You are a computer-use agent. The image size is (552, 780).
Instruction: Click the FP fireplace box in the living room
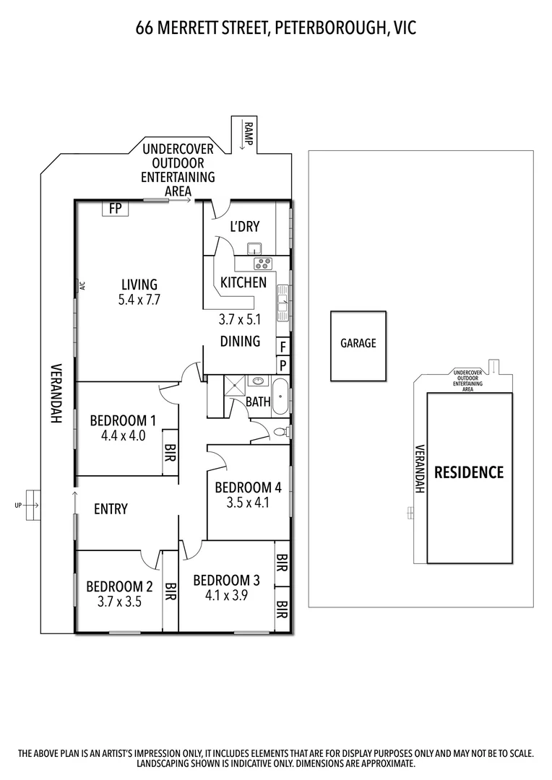pyautogui.click(x=115, y=208)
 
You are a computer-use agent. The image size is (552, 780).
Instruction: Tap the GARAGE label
pyautogui.click(x=358, y=343)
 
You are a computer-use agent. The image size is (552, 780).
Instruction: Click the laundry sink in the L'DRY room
pyautogui.click(x=255, y=248)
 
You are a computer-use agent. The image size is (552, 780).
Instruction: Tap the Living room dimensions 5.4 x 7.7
pyautogui.click(x=139, y=300)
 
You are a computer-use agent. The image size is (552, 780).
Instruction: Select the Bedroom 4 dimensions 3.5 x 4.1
pyautogui.click(x=248, y=503)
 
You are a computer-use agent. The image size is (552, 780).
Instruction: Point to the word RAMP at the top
pyautogui.click(x=249, y=134)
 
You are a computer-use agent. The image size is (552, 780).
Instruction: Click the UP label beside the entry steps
pyautogui.click(x=18, y=506)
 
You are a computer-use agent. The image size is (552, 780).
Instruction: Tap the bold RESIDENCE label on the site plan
pyautogui.click(x=469, y=472)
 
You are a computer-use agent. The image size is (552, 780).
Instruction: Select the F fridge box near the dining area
pyautogui.click(x=283, y=346)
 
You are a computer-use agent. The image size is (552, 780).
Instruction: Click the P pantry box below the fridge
pyautogui.click(x=283, y=365)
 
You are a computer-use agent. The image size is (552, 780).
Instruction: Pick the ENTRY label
pyautogui.click(x=111, y=509)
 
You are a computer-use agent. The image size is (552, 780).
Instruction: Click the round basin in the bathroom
pyautogui.click(x=259, y=381)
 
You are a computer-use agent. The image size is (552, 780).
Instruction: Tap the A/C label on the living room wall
pyautogui.click(x=82, y=286)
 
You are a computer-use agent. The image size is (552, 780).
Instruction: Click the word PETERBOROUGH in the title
pyautogui.click(x=329, y=28)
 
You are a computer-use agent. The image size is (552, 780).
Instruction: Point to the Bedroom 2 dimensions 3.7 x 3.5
pyautogui.click(x=119, y=602)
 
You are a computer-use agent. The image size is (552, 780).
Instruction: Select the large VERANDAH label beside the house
pyautogui.click(x=56, y=394)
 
